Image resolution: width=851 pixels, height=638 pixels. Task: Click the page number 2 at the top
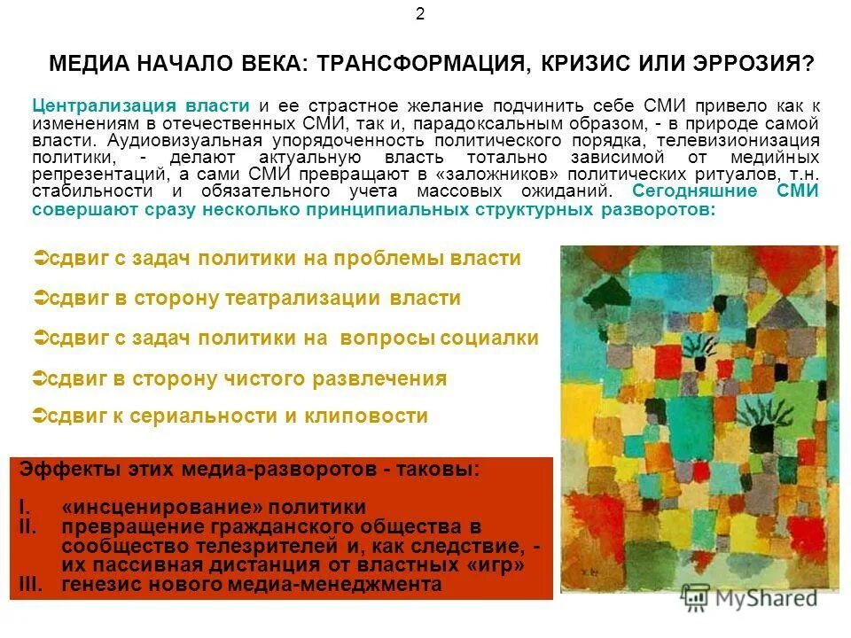coord(420,14)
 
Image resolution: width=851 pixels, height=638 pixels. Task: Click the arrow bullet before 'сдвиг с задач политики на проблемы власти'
coord(38,258)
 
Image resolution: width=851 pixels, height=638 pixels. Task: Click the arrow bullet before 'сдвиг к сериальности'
coord(38,415)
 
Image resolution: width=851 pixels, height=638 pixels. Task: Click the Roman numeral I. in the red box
coord(24,508)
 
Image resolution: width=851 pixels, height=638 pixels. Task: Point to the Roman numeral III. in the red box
coord(31,584)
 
